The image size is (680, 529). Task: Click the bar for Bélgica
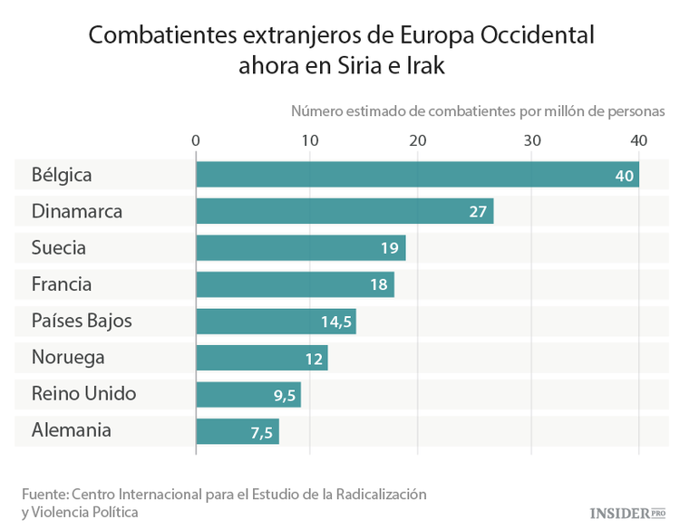417,175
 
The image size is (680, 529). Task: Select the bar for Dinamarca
345,211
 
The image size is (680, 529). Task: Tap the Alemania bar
238,431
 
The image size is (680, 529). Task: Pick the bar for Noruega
261,358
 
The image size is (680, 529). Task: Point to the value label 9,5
285,395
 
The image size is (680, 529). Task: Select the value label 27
479,212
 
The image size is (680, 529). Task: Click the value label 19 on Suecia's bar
391,248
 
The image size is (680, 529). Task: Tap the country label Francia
61,284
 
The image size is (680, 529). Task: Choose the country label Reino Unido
83,394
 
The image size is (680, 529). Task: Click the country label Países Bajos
81,321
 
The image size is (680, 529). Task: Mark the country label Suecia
58,247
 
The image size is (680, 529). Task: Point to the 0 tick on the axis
196,140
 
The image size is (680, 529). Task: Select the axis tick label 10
310,140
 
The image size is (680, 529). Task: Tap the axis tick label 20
418,140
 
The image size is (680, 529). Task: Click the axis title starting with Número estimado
478,111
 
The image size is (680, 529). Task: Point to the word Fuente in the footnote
44,495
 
